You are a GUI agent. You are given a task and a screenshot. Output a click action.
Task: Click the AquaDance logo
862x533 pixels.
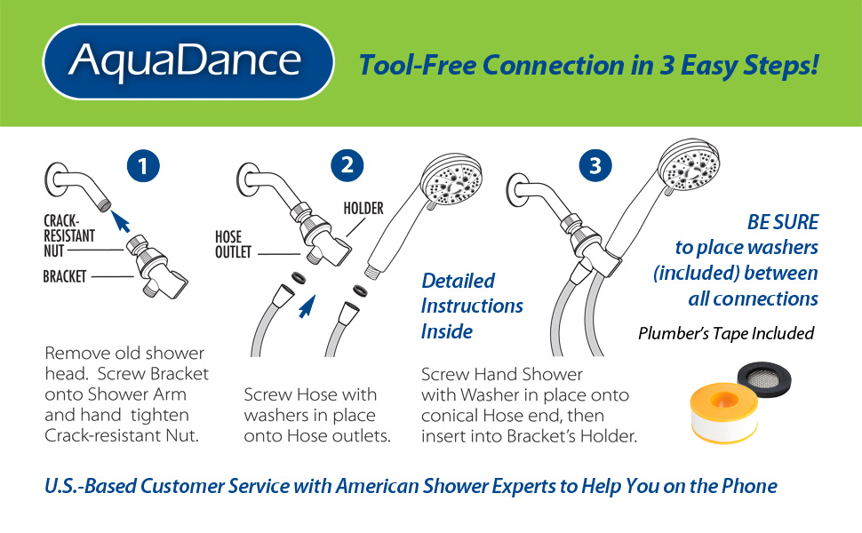coord(188,61)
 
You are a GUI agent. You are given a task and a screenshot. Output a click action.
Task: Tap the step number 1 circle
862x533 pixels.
coord(143,166)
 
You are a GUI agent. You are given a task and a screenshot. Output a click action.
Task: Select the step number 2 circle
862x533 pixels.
coord(347,165)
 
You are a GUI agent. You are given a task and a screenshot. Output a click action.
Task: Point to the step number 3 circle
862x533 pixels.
coord(595,165)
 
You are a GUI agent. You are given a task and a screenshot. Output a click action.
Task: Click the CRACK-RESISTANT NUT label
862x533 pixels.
coord(69,235)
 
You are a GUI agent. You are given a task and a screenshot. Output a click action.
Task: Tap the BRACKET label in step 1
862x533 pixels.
coord(64,276)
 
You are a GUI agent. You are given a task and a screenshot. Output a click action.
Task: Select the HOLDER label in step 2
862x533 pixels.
coord(363,208)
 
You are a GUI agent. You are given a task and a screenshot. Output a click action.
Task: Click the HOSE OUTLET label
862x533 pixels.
coord(233,244)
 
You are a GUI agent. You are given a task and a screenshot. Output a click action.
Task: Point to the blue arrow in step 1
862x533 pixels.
coord(120,221)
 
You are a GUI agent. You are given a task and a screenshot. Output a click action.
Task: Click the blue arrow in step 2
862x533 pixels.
coord(307,306)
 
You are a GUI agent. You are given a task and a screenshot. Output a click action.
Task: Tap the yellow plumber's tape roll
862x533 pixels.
coord(723,413)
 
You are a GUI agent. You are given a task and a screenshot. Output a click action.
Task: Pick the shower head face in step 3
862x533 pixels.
coord(690,164)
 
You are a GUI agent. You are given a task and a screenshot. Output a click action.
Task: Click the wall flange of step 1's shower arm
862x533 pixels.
coord(55,179)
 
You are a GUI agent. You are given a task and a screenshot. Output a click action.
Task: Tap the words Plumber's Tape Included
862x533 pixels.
coord(726,333)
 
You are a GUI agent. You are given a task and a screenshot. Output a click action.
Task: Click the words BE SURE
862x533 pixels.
coord(783,222)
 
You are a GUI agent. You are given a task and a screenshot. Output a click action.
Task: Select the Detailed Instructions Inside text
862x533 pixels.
coord(472,306)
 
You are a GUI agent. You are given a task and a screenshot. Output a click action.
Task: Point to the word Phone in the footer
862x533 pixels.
coord(750,486)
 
